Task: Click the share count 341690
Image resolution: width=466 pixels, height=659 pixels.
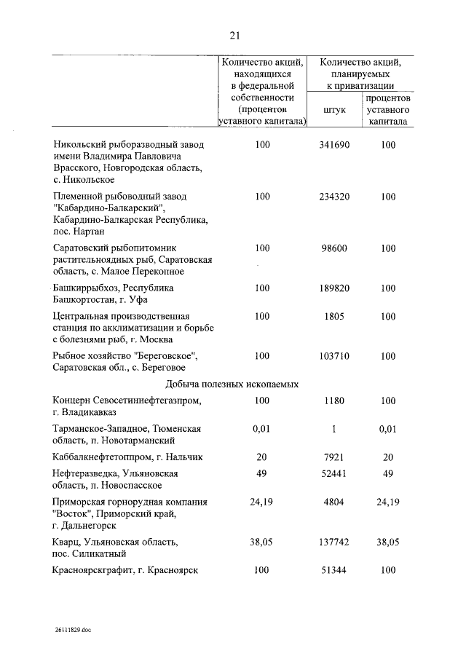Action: pos(334,145)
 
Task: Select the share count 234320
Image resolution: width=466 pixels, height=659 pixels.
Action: pos(334,197)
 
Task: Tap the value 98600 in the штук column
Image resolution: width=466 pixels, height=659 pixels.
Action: pos(334,248)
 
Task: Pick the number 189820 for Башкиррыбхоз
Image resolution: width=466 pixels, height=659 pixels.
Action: pos(334,288)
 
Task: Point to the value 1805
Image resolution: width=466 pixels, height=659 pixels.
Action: pos(334,317)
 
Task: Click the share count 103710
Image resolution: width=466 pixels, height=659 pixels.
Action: pos(334,356)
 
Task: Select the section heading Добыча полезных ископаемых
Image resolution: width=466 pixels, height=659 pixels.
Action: pos(232,384)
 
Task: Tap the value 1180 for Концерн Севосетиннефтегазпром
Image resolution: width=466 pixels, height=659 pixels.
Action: pos(334,400)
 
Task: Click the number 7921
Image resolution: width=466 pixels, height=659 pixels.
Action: pos(334,457)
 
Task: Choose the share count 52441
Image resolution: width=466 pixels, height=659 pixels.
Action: pos(334,474)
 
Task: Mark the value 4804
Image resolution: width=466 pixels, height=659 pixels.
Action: pos(334,502)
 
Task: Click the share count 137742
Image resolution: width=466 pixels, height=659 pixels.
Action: pos(334,542)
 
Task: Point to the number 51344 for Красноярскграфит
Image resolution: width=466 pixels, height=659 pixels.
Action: pos(334,570)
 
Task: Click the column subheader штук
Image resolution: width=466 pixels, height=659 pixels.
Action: pos(334,109)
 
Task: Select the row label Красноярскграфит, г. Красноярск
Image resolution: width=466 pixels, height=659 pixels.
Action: pos(125,570)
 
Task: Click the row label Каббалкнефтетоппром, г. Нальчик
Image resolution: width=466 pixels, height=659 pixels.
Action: pos(127,457)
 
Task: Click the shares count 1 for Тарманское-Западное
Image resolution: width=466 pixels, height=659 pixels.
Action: pos(334,429)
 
